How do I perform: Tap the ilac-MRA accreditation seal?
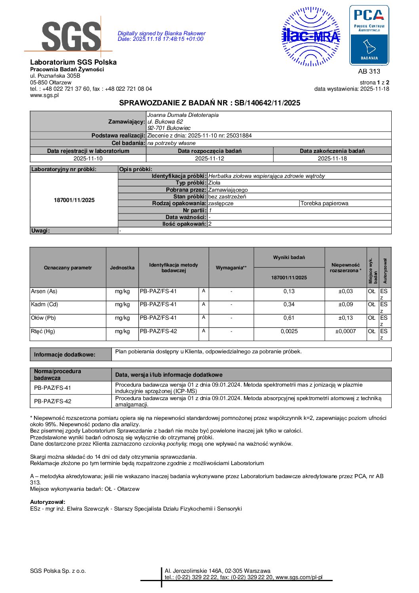point(311,36)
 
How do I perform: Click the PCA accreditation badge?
point(369,36)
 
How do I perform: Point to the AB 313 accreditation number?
point(369,71)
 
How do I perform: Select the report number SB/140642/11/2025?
point(267,103)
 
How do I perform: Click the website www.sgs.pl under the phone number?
point(44,95)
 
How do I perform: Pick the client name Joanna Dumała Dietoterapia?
point(183,115)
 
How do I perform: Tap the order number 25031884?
point(239,135)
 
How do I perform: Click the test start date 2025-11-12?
point(209,158)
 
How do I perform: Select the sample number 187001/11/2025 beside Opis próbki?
point(74,200)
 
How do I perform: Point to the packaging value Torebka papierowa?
point(324,203)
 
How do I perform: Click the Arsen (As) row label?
point(44,291)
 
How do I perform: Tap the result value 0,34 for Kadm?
point(289,305)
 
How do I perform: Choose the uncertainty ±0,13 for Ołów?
point(345,318)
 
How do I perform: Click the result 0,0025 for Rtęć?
point(289,332)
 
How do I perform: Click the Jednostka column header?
point(122,268)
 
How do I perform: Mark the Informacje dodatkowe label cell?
point(65,355)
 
